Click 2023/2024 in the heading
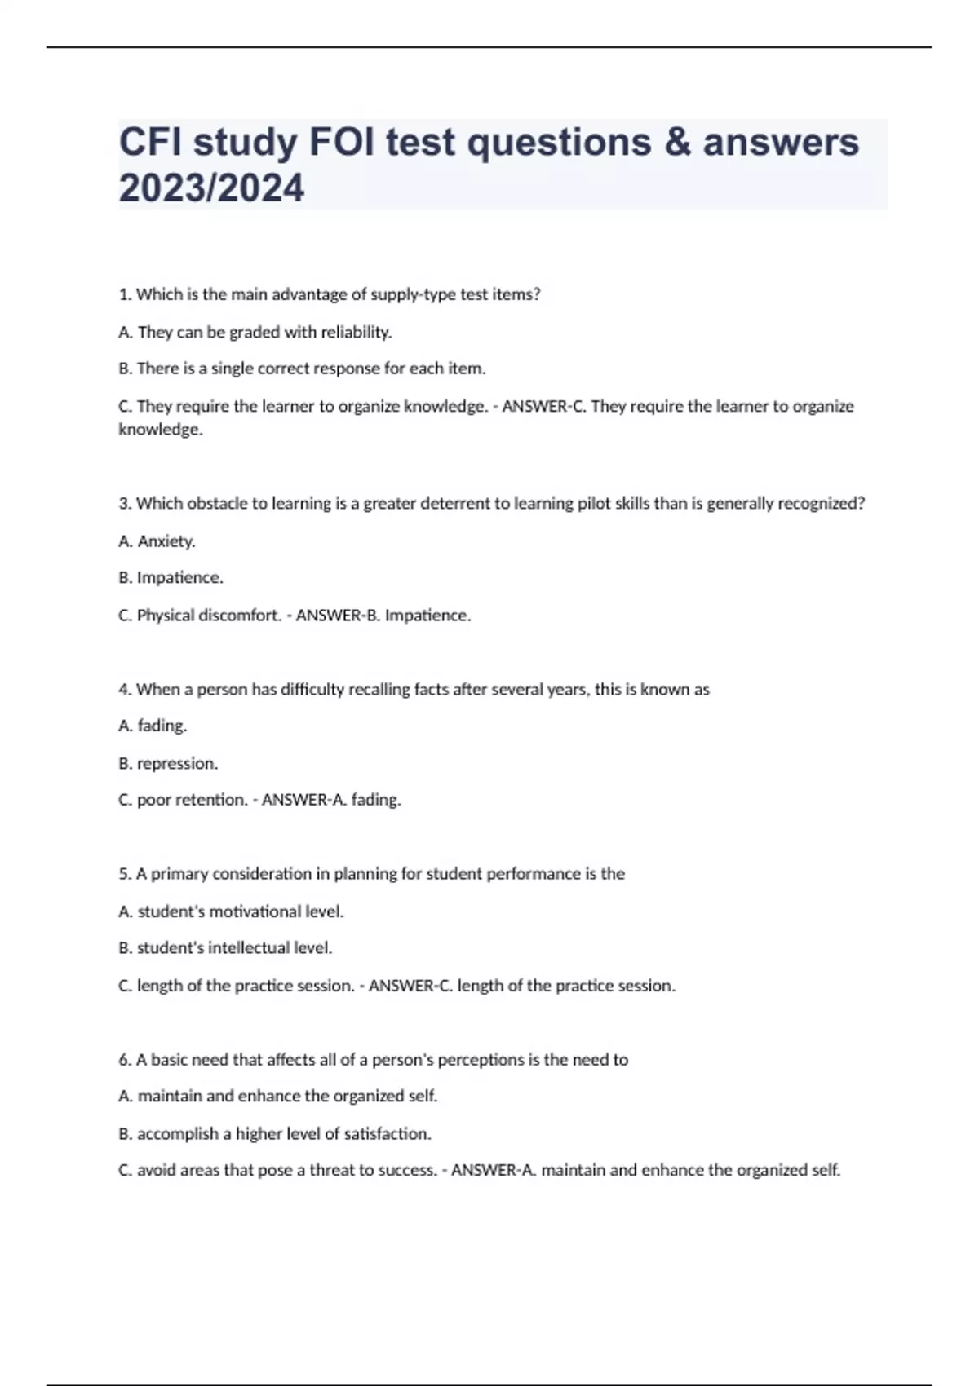pyautogui.click(x=211, y=188)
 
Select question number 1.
pyautogui.click(x=125, y=294)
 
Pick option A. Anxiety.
pyautogui.click(x=157, y=541)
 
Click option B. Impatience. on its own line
pyautogui.click(x=171, y=577)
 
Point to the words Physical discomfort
pyautogui.click(x=209, y=615)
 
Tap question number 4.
pyautogui.click(x=125, y=689)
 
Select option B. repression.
pyautogui.click(x=168, y=763)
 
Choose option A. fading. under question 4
pyautogui.click(x=153, y=725)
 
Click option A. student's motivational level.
pyautogui.click(x=231, y=911)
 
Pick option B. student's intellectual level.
pyautogui.click(x=225, y=947)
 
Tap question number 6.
pyautogui.click(x=125, y=1060)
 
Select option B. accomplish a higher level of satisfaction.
pyautogui.click(x=275, y=1133)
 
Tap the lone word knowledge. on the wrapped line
pyautogui.click(x=161, y=429)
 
